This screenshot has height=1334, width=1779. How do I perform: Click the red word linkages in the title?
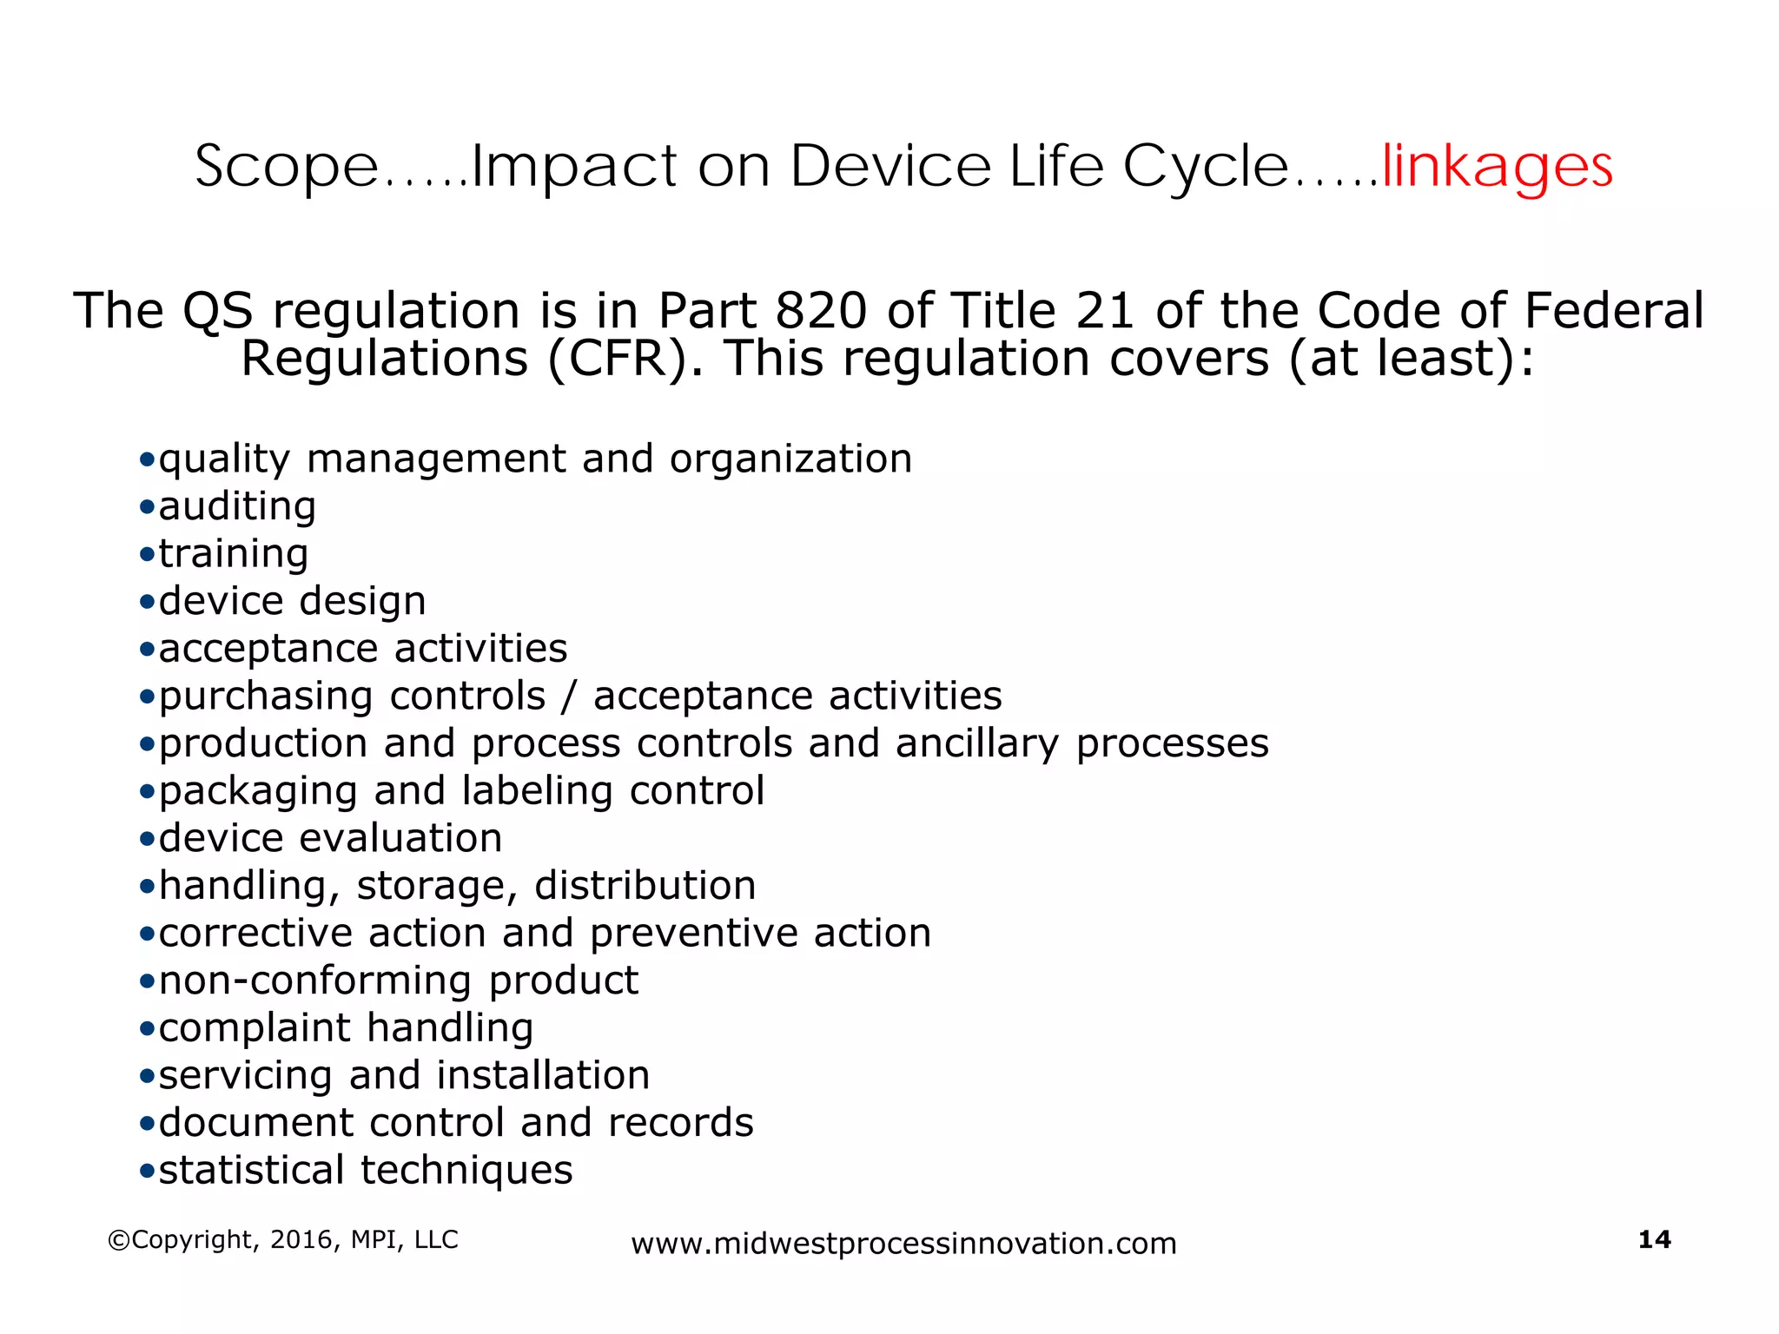(1497, 167)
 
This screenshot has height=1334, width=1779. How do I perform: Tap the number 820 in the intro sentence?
(821, 311)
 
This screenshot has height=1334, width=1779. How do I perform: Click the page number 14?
(1654, 1239)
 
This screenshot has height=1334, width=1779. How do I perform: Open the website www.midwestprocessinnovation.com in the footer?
(903, 1244)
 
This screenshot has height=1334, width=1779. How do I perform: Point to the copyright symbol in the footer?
(118, 1240)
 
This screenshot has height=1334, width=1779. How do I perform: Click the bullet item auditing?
(237, 506)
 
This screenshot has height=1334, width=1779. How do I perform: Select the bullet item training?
(234, 554)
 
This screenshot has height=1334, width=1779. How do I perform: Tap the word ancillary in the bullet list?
(977, 743)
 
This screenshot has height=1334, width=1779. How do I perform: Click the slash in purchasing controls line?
(569, 697)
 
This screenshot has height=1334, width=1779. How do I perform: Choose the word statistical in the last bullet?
(252, 1170)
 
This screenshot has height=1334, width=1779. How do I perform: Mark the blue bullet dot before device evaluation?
(147, 839)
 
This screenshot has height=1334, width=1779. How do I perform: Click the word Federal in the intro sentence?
(1614, 311)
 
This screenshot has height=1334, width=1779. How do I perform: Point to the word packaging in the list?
(258, 792)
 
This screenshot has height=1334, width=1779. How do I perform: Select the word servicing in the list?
(246, 1075)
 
